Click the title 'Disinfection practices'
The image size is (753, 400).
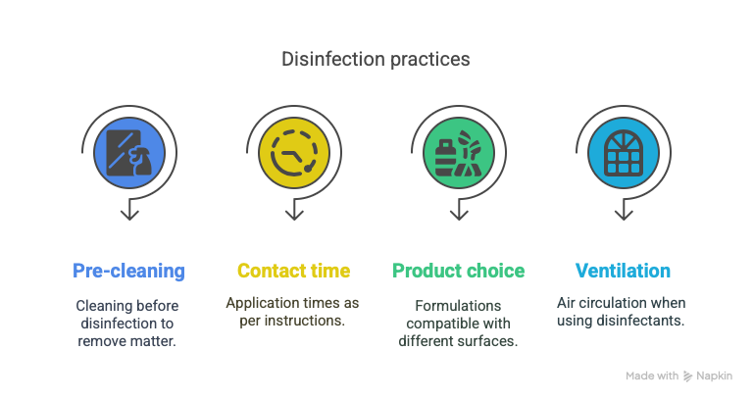pos(376,60)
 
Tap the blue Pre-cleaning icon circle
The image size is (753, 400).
pos(129,153)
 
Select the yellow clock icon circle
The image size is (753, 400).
pos(294,153)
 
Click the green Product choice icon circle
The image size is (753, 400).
pos(459,153)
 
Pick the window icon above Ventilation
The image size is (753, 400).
pos(624,153)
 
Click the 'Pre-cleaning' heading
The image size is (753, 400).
pos(128,271)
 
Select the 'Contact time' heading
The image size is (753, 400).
pos(294,271)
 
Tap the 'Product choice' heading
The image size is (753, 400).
pos(459,271)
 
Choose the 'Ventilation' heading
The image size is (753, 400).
pos(623,271)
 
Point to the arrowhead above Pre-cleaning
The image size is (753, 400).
pos(129,215)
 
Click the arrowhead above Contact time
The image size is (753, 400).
pos(294,215)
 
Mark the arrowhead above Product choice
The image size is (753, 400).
pos(459,215)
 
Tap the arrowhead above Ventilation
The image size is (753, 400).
pos(624,215)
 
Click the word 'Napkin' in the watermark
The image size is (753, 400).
pos(715,376)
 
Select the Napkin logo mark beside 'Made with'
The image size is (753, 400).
pos(688,376)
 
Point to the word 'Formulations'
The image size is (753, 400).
pos(458,306)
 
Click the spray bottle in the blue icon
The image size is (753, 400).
pos(141,161)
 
